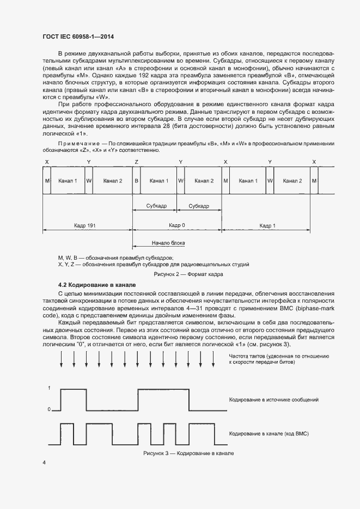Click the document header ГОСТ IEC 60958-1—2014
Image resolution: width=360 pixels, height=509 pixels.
pyautogui.click(x=78, y=37)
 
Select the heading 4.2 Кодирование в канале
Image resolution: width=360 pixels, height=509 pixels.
pyautogui.click(x=97, y=285)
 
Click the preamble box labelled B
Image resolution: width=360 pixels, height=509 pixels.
pyautogui.click(x=136, y=181)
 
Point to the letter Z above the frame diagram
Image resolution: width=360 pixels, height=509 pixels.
pyautogui.click(x=136, y=162)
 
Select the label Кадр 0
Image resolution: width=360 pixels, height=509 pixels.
pyautogui.click(x=176, y=225)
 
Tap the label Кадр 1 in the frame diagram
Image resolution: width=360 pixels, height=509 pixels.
pyautogui.click(x=267, y=225)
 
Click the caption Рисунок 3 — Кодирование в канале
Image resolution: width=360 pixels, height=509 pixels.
pyautogui.click(x=188, y=453)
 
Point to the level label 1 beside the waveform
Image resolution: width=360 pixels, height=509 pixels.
pyautogui.click(x=50, y=388)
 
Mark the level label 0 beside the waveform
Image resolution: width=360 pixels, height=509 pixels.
pyautogui.click(x=50, y=409)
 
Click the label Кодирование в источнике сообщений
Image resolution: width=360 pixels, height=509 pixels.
pyautogui.click(x=273, y=400)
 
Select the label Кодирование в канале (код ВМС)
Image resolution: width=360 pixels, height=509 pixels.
pyautogui.click(x=269, y=433)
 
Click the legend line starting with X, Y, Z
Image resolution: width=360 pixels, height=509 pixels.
pyautogui.click(x=154, y=264)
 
